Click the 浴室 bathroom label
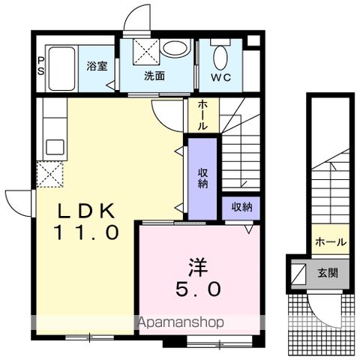pos(97,66)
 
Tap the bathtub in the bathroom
pos(61,69)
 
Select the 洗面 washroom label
pos(154,76)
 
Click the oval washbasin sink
pos(174,48)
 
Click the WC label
pos(221,78)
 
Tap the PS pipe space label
pos(40,66)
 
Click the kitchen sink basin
pos(55,148)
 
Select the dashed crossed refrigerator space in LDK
pos(49,174)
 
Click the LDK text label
pos(86,211)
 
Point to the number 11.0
pos(86,232)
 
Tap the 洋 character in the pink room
pos(198,267)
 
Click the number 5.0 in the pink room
pos(198,289)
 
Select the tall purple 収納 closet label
pos(202,178)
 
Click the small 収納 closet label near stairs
pos(241,207)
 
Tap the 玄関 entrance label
pos(328,273)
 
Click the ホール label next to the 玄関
pos(331,241)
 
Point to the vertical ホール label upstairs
pos(202,115)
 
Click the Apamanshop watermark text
pos(181,322)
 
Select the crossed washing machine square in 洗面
pos(146,52)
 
